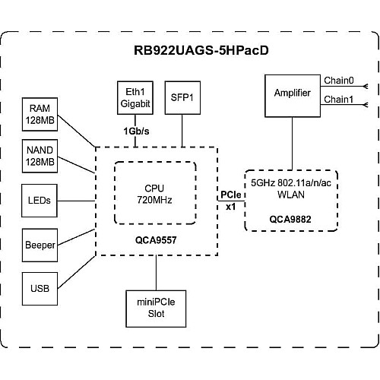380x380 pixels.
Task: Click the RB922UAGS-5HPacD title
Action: tap(201, 50)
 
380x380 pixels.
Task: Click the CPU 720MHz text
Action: tap(154, 194)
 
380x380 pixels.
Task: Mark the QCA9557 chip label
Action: tap(156, 240)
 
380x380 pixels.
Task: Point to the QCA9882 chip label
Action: tap(290, 219)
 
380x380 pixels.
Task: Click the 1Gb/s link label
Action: tap(136, 131)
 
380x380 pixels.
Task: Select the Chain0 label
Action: tap(339, 81)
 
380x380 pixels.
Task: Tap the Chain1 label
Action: tap(339, 100)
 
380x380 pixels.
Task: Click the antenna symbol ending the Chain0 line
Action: tap(366, 87)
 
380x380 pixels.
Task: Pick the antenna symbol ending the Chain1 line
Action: tap(366, 105)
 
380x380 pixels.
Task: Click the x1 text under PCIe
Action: tap(231, 207)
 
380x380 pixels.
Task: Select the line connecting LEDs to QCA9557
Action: tap(76, 201)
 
